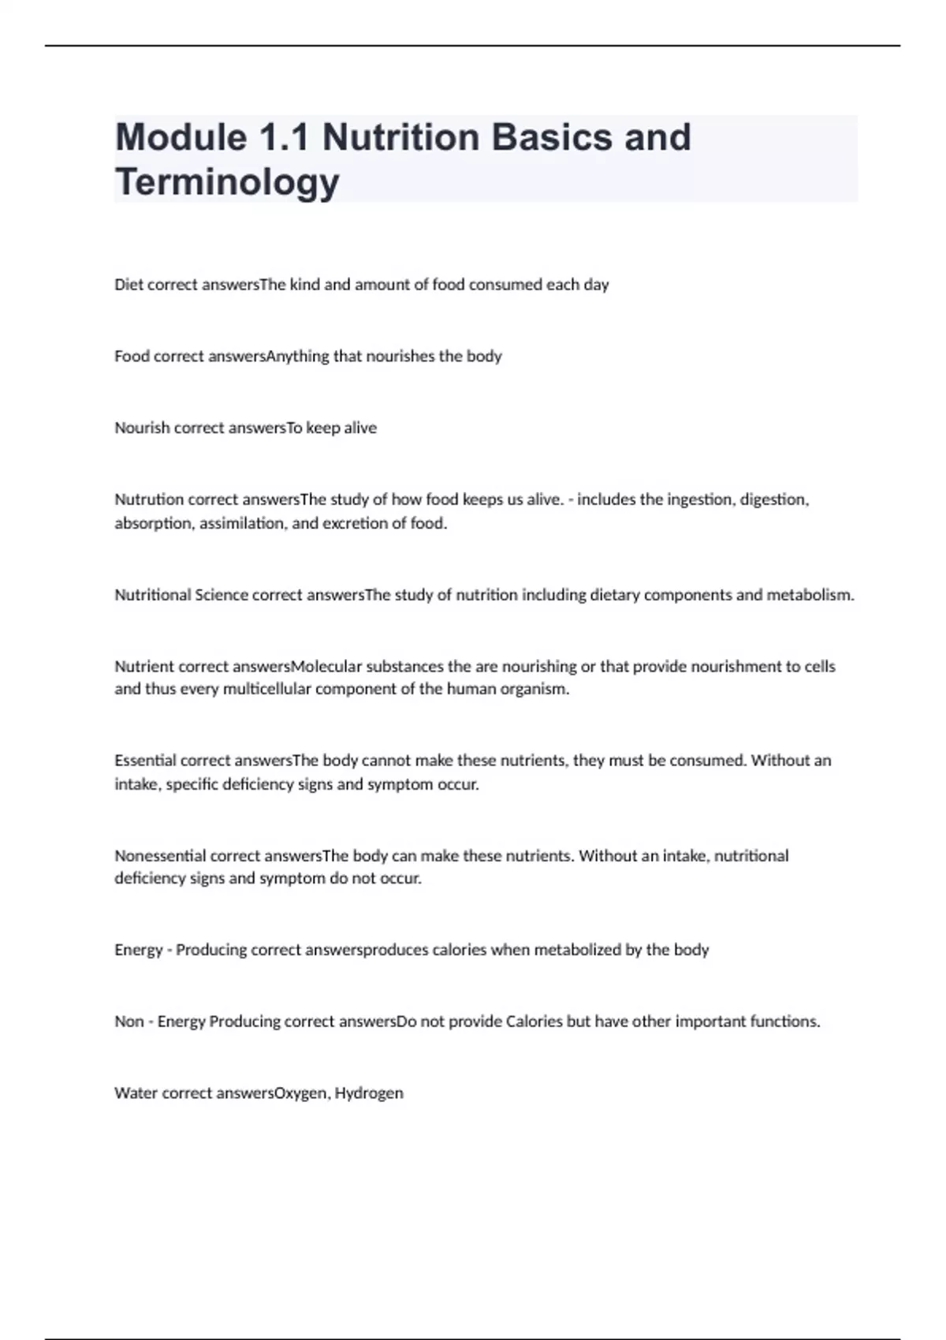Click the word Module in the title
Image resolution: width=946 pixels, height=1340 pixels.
pyautogui.click(x=181, y=137)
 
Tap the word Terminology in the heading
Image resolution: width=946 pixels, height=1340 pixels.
pyautogui.click(x=227, y=181)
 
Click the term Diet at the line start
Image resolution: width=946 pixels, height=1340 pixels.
pyautogui.click(x=128, y=285)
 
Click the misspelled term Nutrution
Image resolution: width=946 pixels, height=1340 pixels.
pyautogui.click(x=150, y=500)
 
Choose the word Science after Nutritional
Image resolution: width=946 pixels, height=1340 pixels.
pyautogui.click(x=222, y=595)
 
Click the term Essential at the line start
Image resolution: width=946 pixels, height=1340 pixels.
pyautogui.click(x=146, y=761)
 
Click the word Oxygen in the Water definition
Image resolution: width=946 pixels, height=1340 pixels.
pyautogui.click(x=300, y=1093)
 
